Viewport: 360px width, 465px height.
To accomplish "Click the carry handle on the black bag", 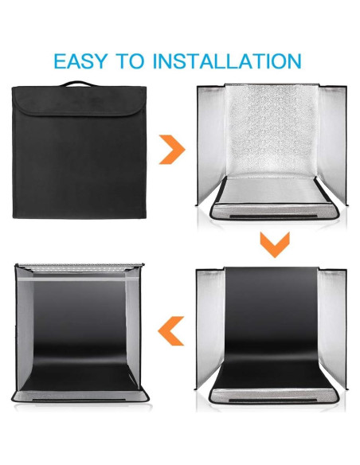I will [78, 84].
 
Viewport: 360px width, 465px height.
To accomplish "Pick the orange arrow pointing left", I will [172, 330].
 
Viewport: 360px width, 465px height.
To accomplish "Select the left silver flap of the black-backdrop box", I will [209, 326].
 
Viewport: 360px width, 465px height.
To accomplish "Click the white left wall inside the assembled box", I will [33, 326].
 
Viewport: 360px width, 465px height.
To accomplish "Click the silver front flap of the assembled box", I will [80, 396].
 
